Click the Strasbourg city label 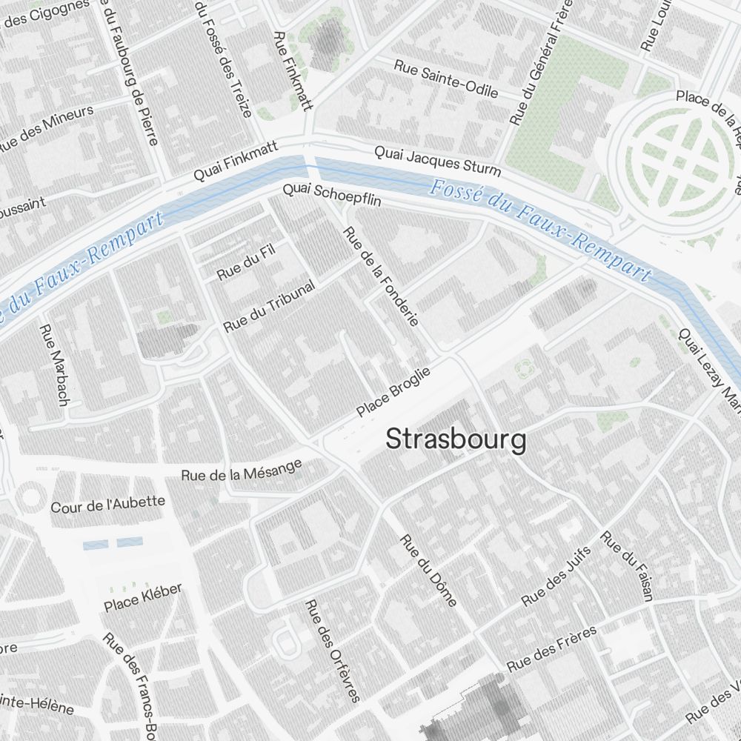pyautogui.click(x=456, y=439)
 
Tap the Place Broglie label pyautogui.click(x=393, y=393)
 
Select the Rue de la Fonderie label pyautogui.click(x=382, y=276)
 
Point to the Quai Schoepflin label pyautogui.click(x=331, y=195)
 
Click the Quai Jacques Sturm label pyautogui.click(x=437, y=161)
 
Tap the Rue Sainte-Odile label pyautogui.click(x=446, y=79)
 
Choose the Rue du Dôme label pyautogui.click(x=428, y=570)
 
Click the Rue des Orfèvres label pyautogui.click(x=333, y=651)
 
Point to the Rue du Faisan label pyautogui.click(x=627, y=565)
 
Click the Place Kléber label pyautogui.click(x=143, y=598)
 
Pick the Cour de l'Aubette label pyautogui.click(x=107, y=505)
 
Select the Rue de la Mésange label pyautogui.click(x=242, y=470)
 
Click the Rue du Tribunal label pyautogui.click(x=269, y=306)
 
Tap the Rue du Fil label pyautogui.click(x=246, y=262)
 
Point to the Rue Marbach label pyautogui.click(x=53, y=365)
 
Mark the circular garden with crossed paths pyautogui.click(x=674, y=159)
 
